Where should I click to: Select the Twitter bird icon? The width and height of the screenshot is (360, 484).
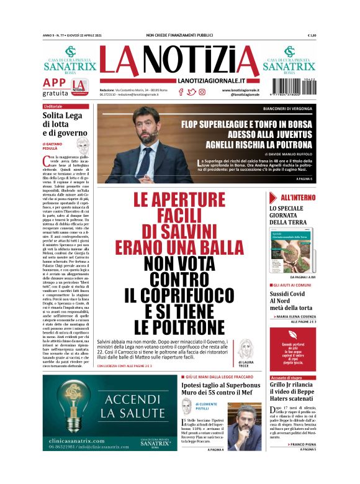pos(191,92)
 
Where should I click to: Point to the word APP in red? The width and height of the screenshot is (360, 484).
pos(54,83)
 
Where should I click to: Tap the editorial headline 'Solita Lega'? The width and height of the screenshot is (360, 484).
pos(62,116)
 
